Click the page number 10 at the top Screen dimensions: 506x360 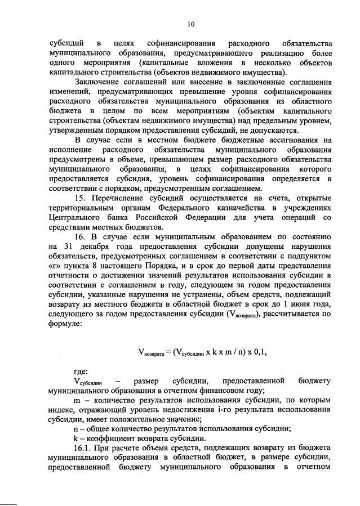[191, 24]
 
